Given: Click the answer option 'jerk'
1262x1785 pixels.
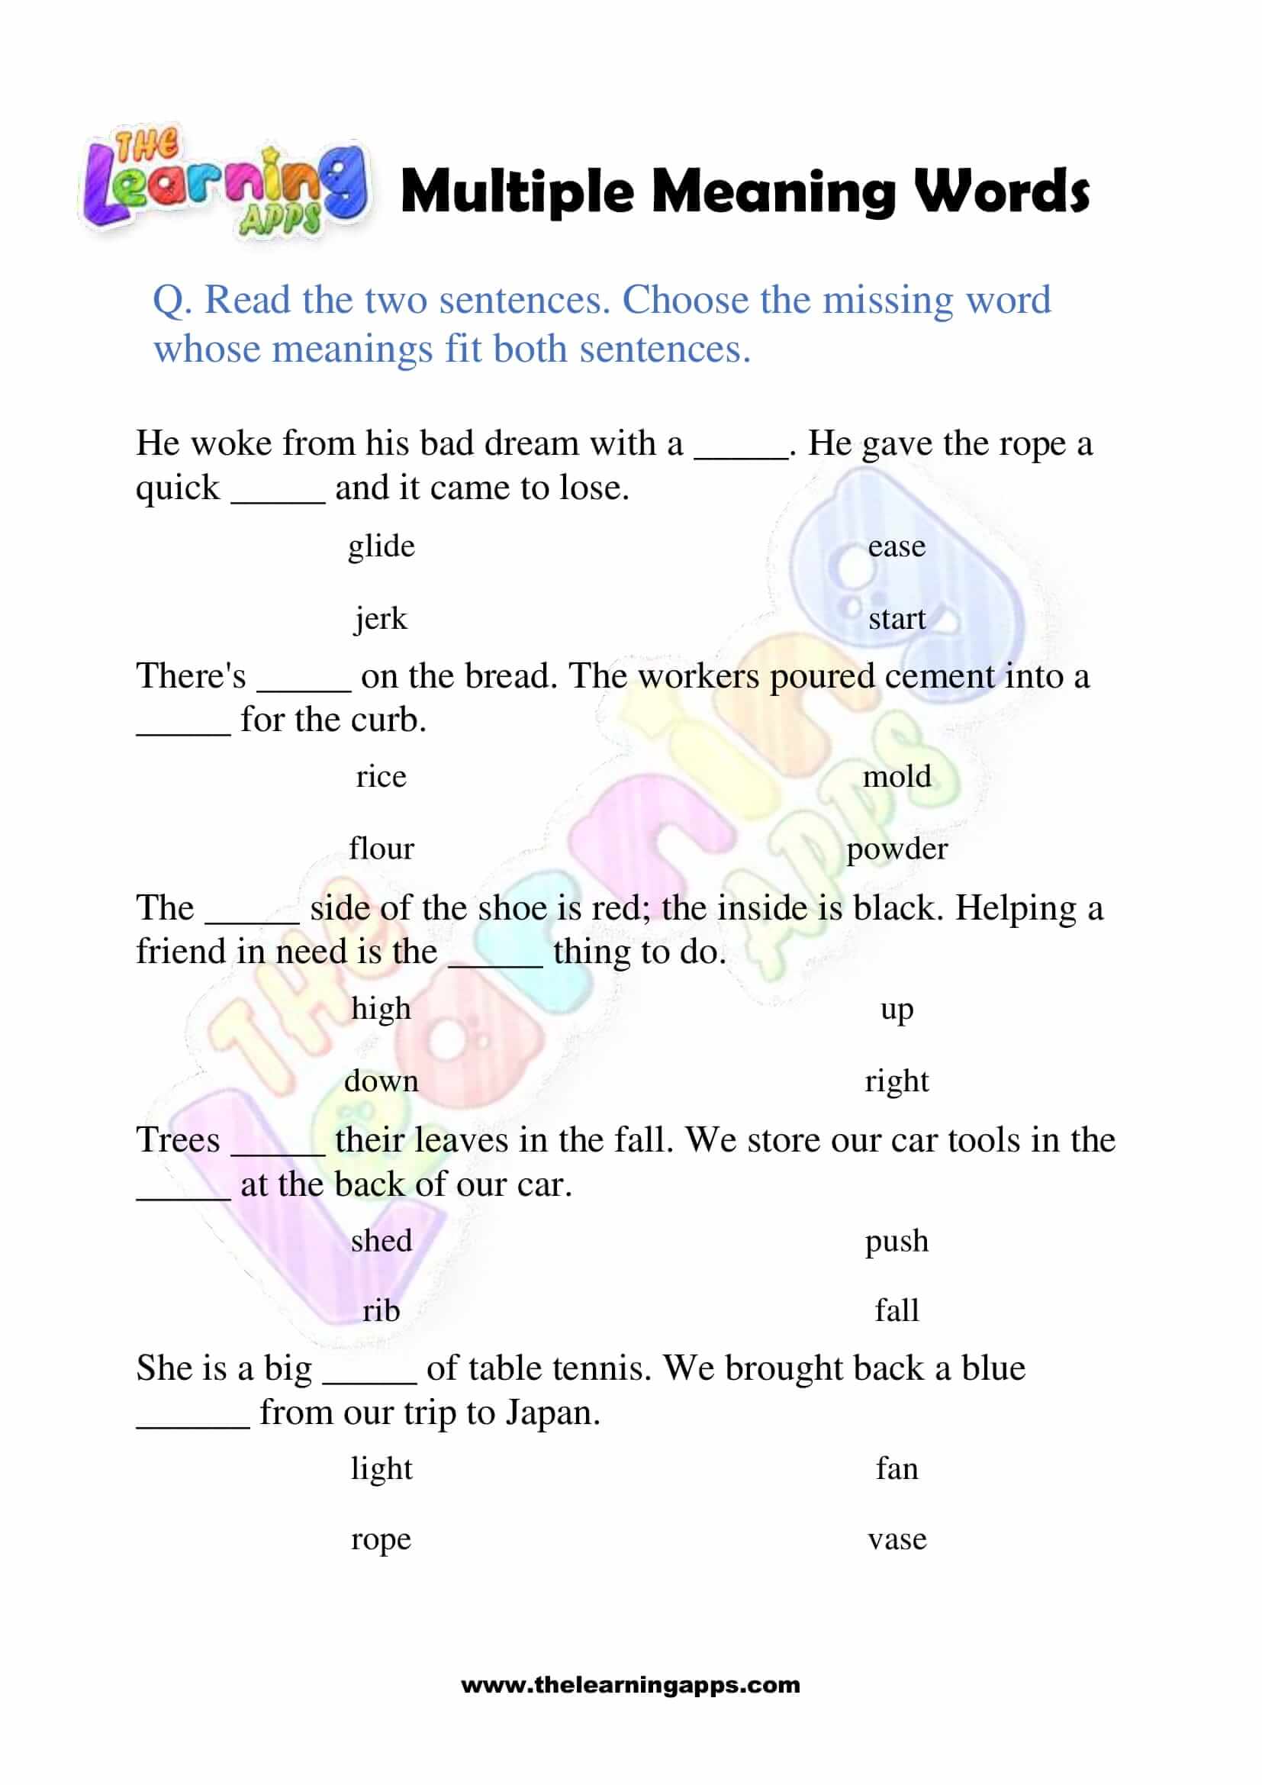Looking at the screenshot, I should coord(381,620).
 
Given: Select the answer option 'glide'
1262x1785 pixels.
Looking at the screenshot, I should coord(381,546).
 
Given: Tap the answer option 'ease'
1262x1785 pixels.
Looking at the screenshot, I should coord(897,546).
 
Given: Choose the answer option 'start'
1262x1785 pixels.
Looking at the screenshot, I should coord(897,620).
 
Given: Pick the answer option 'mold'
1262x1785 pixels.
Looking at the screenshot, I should coord(897,777).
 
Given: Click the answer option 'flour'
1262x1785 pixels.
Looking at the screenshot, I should coord(381,849).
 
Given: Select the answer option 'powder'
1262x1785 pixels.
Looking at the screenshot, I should coord(897,849).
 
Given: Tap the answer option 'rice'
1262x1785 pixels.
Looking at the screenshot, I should coord(381,777).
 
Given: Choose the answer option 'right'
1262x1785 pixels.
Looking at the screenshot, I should coord(897,1081).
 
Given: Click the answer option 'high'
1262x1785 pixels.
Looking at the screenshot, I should coord(381,1009).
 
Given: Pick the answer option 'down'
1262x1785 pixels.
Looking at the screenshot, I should coord(381,1081).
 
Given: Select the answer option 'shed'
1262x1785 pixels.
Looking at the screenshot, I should coord(381,1241).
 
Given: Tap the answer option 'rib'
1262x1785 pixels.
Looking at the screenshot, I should coord(381,1312).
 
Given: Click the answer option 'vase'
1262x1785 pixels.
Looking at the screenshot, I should coord(897,1539).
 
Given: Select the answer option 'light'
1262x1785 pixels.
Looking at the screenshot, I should coord(381,1468).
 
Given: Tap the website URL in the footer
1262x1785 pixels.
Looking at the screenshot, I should coord(630,1686).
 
